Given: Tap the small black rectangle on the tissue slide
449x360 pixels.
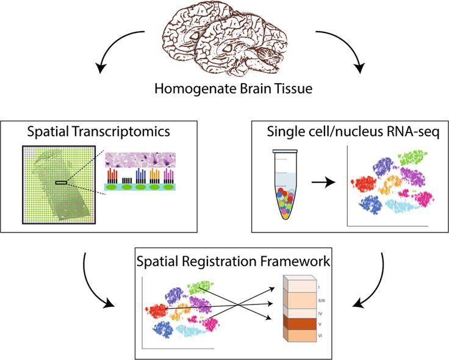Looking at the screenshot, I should (x=62, y=182).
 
